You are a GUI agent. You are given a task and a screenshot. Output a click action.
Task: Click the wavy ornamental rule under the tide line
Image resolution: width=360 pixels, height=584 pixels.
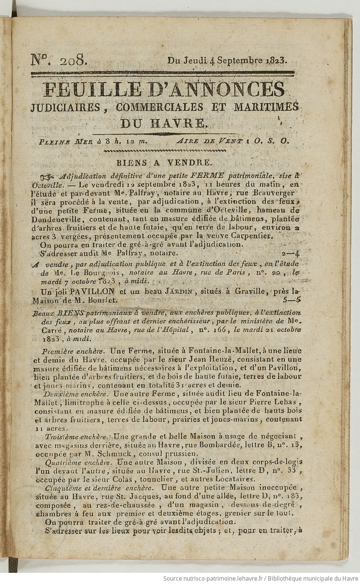(164, 151)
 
